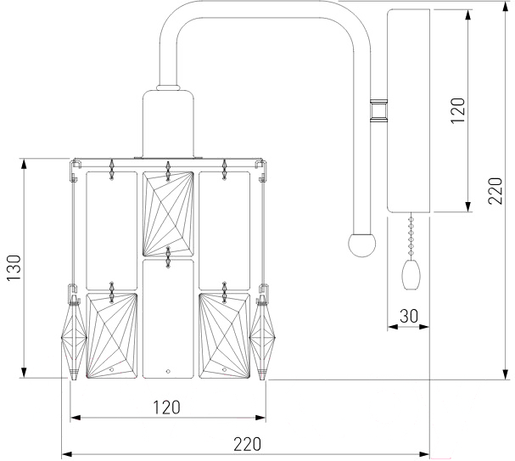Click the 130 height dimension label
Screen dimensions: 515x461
[14, 267]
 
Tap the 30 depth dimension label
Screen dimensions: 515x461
[409, 316]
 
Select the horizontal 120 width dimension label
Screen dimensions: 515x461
[167, 408]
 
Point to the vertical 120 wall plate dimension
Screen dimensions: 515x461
[458, 110]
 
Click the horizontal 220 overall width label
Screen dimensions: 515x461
[247, 444]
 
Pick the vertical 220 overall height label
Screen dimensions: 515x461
[495, 191]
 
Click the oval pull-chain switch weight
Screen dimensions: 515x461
[411, 275]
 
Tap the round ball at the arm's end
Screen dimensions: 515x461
[362, 245]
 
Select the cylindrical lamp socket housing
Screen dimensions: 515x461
[168, 124]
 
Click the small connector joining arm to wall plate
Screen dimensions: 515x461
[378, 110]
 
